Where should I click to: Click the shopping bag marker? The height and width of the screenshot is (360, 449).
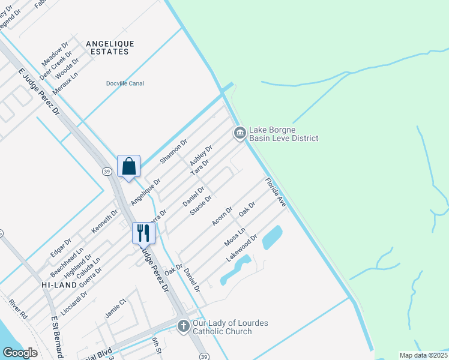click(x=129, y=166)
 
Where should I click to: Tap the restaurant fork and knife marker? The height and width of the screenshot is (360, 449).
click(x=143, y=233)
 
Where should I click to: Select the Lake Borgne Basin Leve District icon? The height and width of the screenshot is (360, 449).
click(x=240, y=133)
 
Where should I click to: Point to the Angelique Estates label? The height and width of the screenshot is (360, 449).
click(x=110, y=47)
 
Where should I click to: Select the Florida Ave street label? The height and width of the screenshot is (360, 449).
click(x=276, y=193)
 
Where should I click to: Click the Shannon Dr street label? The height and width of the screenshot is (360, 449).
click(x=174, y=151)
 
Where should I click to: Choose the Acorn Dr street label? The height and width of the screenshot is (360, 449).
click(x=222, y=217)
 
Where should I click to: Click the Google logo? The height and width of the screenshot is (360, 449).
click(x=20, y=353)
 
